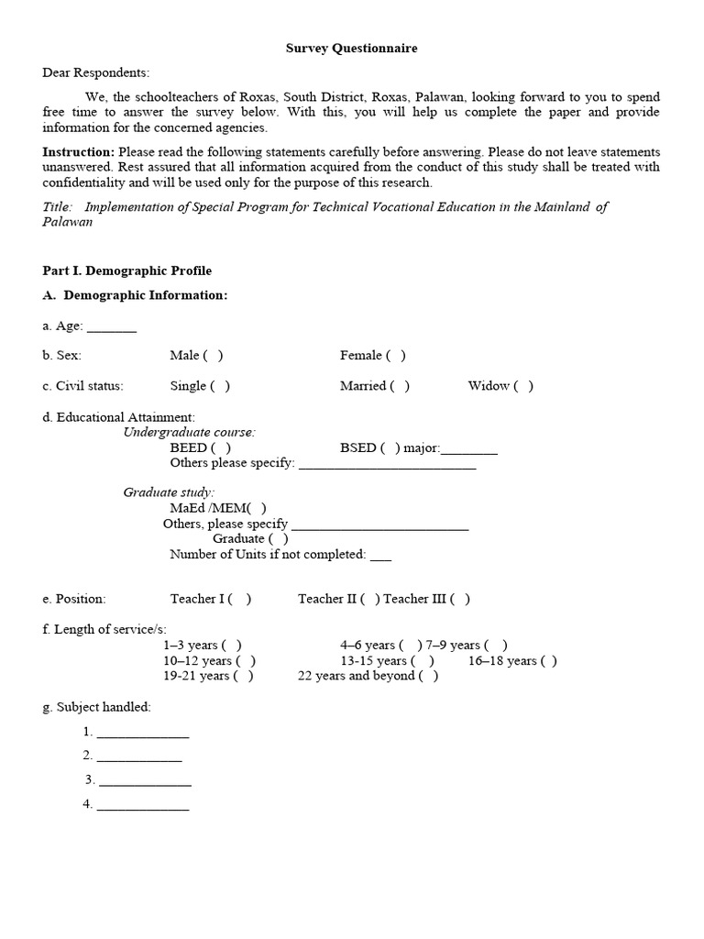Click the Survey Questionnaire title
[351, 48]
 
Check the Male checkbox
[213, 356]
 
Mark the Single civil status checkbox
[220, 386]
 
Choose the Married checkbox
[400, 386]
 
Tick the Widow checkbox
[523, 386]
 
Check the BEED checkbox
[221, 447]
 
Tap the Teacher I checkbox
[240, 599]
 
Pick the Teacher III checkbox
[461, 599]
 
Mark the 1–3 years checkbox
[232, 646]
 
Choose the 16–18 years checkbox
[548, 660]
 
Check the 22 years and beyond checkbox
[428, 676]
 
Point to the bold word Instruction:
[79, 152]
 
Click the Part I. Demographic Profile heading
[126, 271]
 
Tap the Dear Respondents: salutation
[95, 73]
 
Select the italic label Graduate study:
[169, 492]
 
